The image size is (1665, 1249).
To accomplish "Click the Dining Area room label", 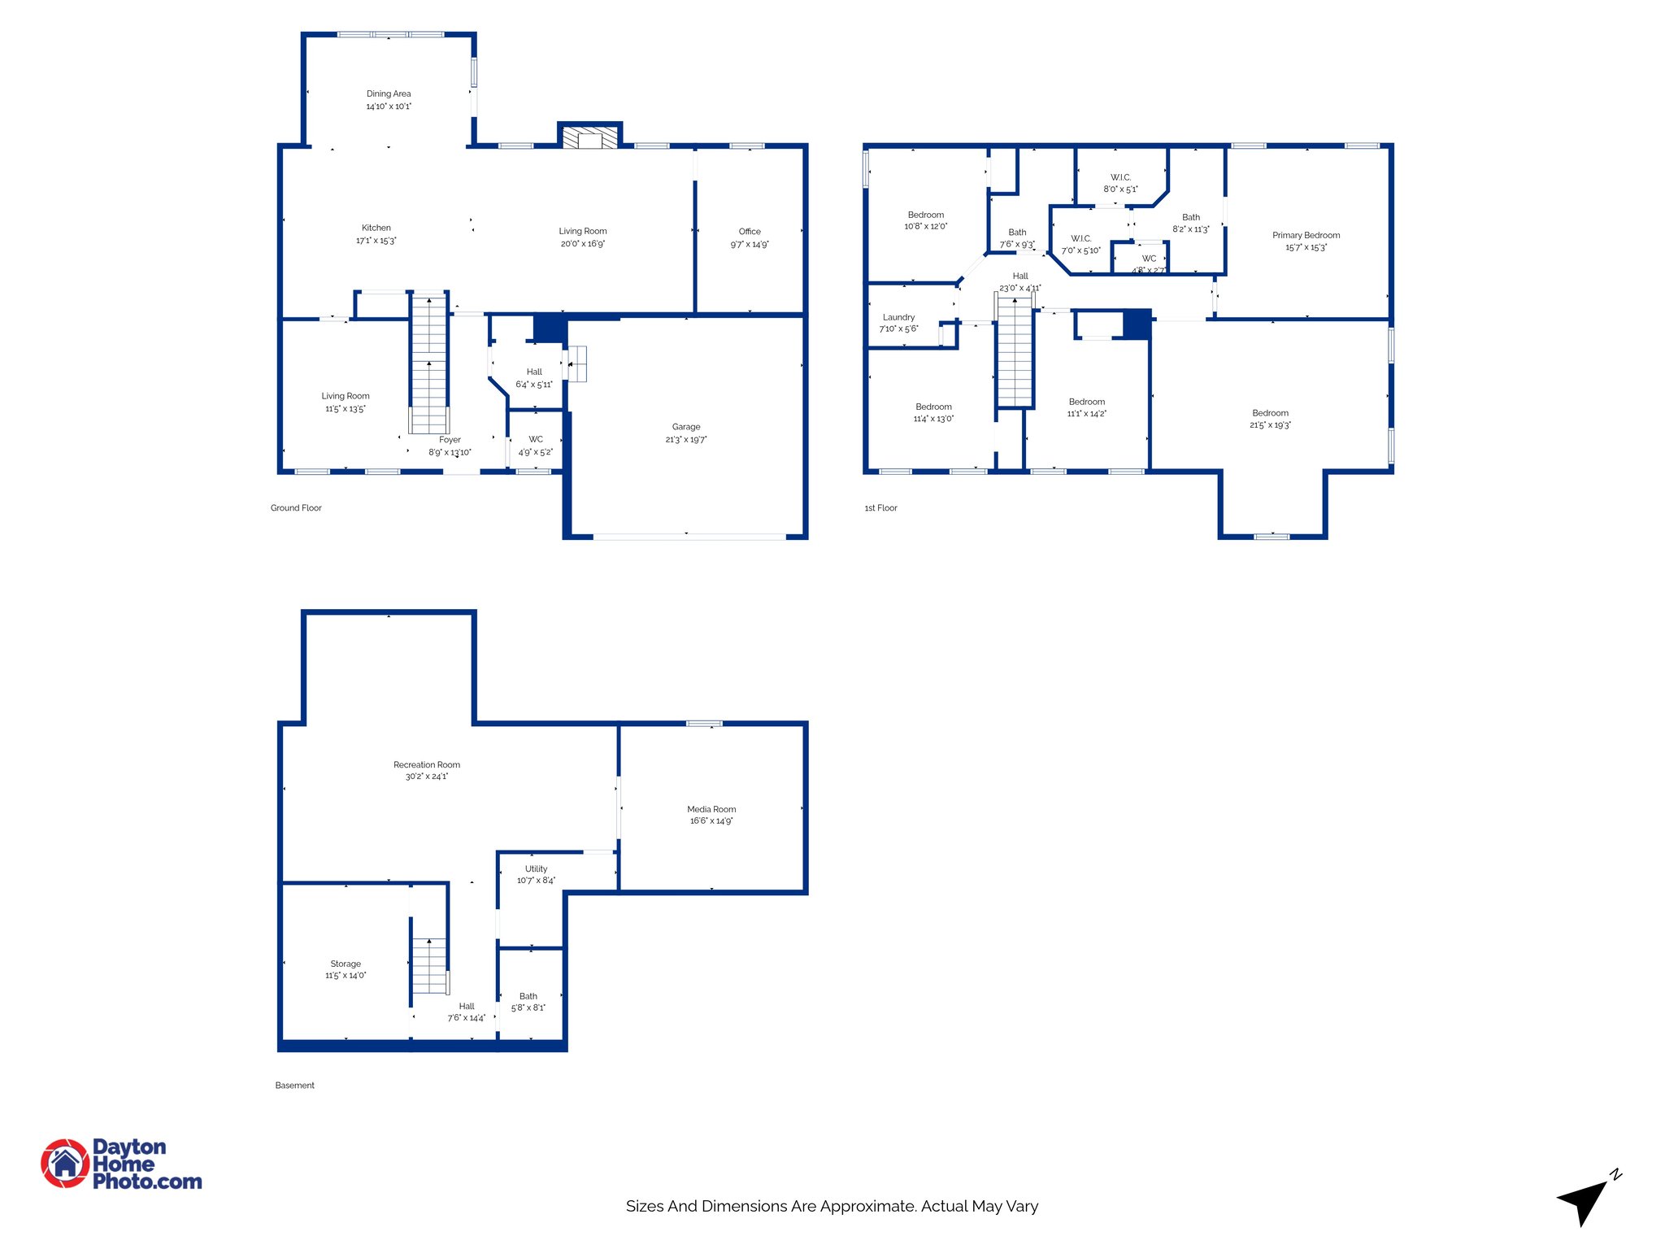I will pyautogui.click(x=389, y=94).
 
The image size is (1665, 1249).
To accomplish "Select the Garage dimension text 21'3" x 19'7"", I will pyautogui.click(x=686, y=440).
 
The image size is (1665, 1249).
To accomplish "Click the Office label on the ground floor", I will pyautogui.click(x=750, y=232).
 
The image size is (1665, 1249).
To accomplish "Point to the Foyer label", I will pyautogui.click(x=450, y=440).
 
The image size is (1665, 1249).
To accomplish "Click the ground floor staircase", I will pyautogui.click(x=428, y=362).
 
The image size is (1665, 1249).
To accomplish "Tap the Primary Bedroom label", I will pyautogui.click(x=1306, y=235).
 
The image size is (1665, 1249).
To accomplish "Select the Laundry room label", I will pyautogui.click(x=898, y=317).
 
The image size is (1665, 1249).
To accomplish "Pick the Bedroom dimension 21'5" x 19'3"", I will pyautogui.click(x=1270, y=425).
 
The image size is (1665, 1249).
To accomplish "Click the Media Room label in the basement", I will pyautogui.click(x=711, y=809).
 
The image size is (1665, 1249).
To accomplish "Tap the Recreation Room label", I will pyautogui.click(x=427, y=764).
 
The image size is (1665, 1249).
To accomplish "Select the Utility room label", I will pyautogui.click(x=536, y=868).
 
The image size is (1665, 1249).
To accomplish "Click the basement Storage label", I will pyautogui.click(x=346, y=964).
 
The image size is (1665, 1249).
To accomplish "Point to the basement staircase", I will pyautogui.click(x=428, y=965).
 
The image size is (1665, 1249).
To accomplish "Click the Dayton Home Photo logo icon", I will pyautogui.click(x=65, y=1163).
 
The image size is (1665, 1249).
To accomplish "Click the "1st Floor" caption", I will pyautogui.click(x=880, y=508).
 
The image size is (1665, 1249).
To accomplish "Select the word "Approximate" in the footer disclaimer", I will pyautogui.click(x=867, y=1206).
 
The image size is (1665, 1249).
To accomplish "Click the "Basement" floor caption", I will pyautogui.click(x=294, y=1086).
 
